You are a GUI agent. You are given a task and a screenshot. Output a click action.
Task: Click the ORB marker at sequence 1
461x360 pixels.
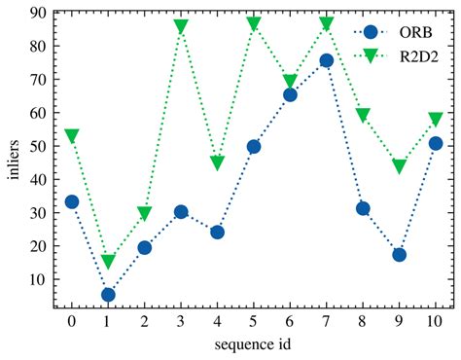(x=108, y=295)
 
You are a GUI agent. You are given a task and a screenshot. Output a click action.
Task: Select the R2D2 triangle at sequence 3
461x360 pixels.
(x=181, y=26)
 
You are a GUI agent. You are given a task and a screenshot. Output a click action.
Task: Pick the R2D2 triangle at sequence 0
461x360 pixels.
(x=71, y=136)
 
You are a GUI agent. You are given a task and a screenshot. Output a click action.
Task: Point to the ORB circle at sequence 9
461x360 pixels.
(x=399, y=255)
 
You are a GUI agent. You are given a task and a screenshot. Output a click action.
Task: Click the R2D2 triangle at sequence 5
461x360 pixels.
(x=254, y=24)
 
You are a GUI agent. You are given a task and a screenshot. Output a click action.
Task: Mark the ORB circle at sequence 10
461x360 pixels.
(x=436, y=143)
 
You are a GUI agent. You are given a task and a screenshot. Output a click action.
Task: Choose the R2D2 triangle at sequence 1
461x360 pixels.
(x=108, y=262)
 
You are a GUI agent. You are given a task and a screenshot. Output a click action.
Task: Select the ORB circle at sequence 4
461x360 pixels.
(x=217, y=233)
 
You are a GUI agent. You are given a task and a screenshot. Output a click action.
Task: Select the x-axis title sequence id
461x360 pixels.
(x=253, y=345)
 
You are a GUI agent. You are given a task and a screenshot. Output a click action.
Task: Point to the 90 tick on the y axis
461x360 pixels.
(x=37, y=13)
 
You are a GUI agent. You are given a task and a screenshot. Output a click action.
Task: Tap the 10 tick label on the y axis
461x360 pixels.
(x=37, y=279)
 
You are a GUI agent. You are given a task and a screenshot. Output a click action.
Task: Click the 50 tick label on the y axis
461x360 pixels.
(x=37, y=146)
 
